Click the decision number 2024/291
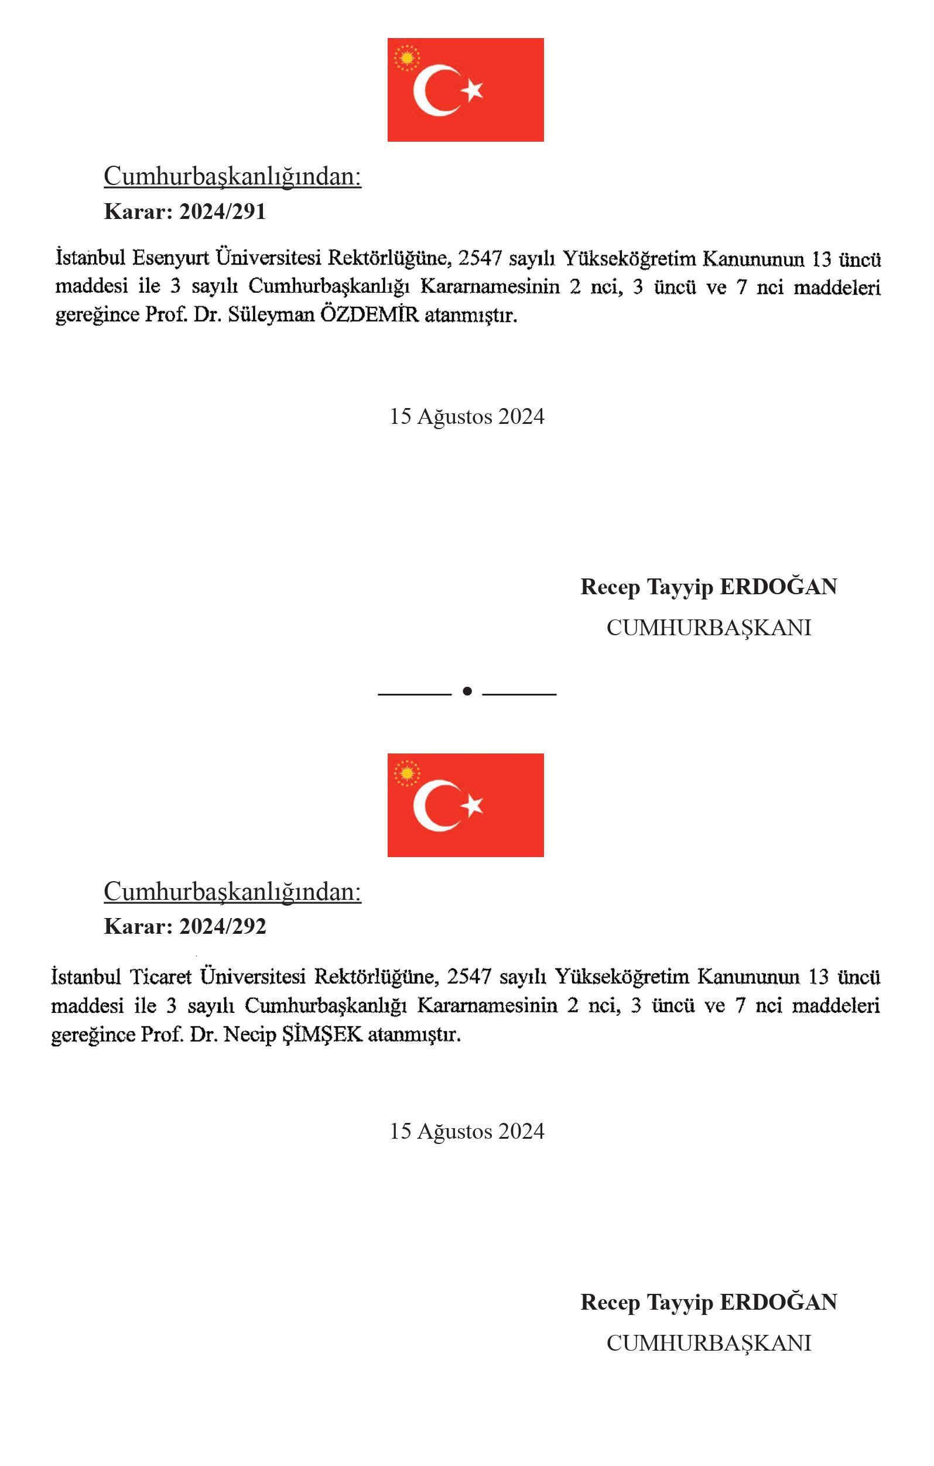pos(223,212)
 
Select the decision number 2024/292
pos(223,927)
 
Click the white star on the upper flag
pos(472,90)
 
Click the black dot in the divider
pos(467,691)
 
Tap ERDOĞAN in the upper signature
pos(778,587)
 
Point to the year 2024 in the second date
pos(521,1131)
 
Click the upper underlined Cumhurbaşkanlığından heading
pos(232,177)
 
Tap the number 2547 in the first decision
pos(480,258)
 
